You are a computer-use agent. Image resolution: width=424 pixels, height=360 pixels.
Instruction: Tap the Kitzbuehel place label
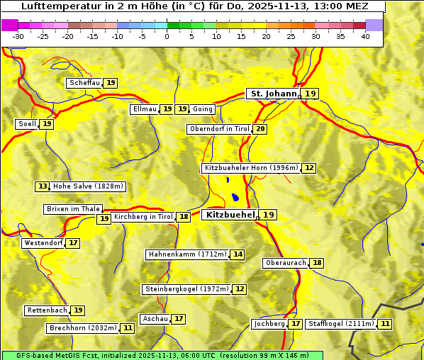pyautogui.click(x=229, y=214)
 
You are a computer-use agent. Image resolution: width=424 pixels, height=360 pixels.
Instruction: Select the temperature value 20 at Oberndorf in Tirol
pyautogui.click(x=260, y=129)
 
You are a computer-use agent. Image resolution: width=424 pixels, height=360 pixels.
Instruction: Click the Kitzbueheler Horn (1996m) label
pyautogui.click(x=251, y=168)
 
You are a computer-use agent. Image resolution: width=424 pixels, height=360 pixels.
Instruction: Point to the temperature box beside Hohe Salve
pyautogui.click(x=43, y=186)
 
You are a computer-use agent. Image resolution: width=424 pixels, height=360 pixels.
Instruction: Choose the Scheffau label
pyautogui.click(x=84, y=83)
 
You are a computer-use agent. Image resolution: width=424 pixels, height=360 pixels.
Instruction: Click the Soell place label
pyautogui.click(x=27, y=124)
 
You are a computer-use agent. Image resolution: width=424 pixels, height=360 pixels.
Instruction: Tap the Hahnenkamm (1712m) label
pyautogui.click(x=187, y=254)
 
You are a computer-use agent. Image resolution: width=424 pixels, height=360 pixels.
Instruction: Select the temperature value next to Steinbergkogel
pyautogui.click(x=240, y=289)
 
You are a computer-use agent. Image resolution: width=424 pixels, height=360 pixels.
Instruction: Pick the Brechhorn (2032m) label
pyautogui.click(x=83, y=328)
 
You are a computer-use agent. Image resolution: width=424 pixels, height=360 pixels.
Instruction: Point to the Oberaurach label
pyautogui.click(x=285, y=263)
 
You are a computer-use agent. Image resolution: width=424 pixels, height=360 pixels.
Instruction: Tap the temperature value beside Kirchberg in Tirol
pyautogui.click(x=184, y=217)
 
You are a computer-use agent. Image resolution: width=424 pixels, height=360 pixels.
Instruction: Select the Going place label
pyautogui.click(x=203, y=109)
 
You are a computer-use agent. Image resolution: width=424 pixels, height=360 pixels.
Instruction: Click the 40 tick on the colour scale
pyautogui.click(x=365, y=36)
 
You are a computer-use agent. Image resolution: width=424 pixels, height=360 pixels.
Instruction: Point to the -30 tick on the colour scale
pyautogui.click(x=18, y=36)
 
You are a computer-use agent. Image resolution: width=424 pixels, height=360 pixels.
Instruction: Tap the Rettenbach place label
pyautogui.click(x=48, y=310)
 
